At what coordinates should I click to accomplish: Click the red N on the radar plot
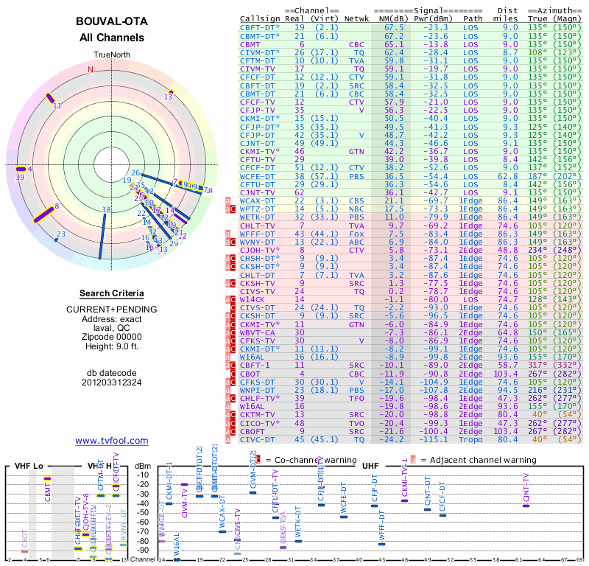pos(91,69)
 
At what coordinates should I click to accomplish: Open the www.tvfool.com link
pos(112,441)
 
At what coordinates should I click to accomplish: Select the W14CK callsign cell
pos(252,299)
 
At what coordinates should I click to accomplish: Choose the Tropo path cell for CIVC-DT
pos(472,439)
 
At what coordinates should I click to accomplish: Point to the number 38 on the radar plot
pos(106,210)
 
